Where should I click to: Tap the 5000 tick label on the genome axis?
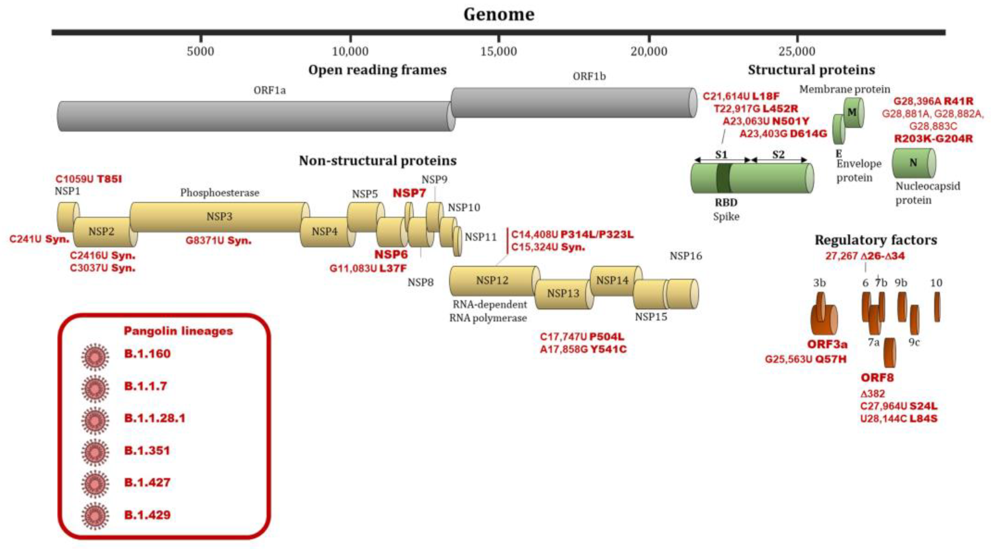pyautogui.click(x=200, y=51)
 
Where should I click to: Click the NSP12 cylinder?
pyautogui.click(x=492, y=281)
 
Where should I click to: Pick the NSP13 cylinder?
pyautogui.click(x=563, y=294)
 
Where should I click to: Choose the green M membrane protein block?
pyautogui.click(x=853, y=112)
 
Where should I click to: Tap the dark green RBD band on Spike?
pyautogui.click(x=724, y=178)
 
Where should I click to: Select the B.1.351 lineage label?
pyautogui.click(x=147, y=450)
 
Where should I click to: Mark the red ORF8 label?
pyautogui.click(x=877, y=378)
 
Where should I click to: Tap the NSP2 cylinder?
pyautogui.click(x=102, y=232)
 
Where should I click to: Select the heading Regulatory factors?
pyautogui.click(x=876, y=240)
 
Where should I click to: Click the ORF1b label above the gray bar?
pyautogui.click(x=589, y=76)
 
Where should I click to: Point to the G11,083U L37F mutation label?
pyautogui.click(x=368, y=268)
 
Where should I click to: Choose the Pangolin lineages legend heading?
pyautogui.click(x=178, y=331)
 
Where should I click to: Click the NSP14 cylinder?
pyautogui.click(x=612, y=281)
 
